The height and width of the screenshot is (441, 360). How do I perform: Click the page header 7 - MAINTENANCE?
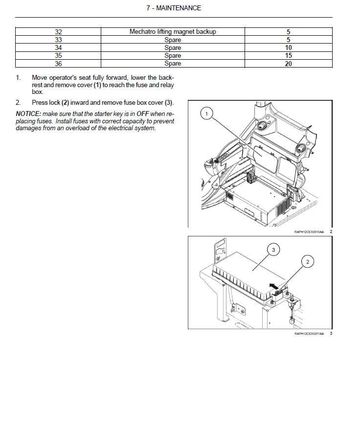174,8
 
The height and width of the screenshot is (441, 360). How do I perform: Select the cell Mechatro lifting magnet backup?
173,32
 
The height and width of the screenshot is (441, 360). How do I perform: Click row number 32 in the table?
58,32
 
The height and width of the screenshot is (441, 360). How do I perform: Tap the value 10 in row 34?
288,48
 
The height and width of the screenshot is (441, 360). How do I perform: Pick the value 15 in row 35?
288,56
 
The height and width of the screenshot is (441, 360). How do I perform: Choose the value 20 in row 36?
288,64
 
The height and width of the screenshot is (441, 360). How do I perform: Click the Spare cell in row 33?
173,40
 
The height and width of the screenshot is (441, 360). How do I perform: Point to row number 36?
58,64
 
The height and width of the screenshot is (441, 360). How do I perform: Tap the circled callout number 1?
207,114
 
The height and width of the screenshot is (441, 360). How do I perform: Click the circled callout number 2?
307,262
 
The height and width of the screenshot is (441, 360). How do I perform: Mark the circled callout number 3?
273,250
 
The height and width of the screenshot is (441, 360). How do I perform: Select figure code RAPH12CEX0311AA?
309,334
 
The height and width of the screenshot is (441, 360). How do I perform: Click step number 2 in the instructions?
18,103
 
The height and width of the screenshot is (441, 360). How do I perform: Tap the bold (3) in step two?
169,103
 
